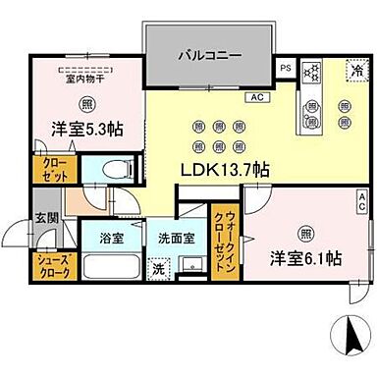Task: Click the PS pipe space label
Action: [x=286, y=68]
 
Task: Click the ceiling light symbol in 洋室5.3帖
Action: [x=87, y=104]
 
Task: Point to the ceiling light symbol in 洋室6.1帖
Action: [x=306, y=234]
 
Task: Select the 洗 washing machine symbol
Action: [x=157, y=268]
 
